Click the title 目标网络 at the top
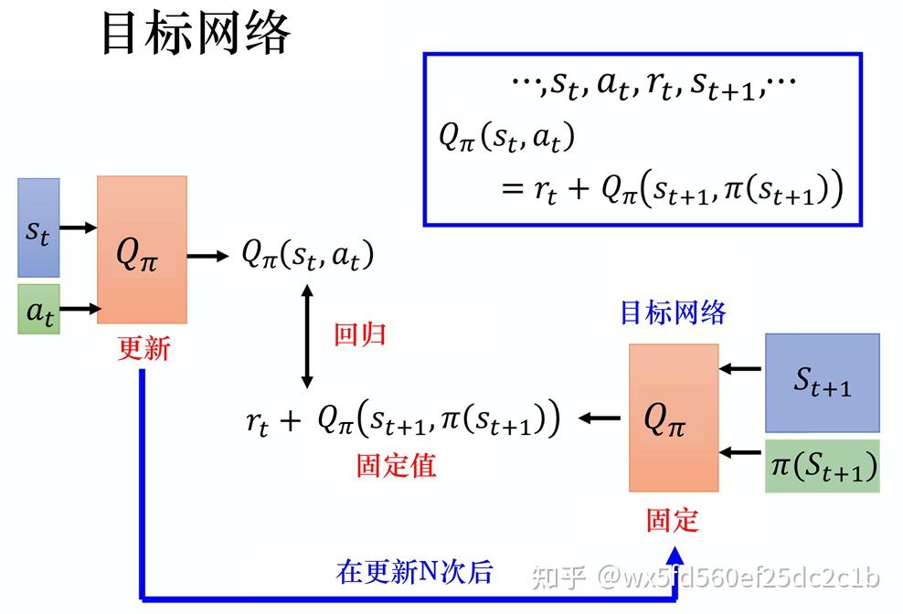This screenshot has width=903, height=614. point(195,35)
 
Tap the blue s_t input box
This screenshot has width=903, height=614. point(38,228)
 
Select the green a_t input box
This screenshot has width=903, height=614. point(38,309)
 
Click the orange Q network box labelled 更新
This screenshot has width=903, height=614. point(142,249)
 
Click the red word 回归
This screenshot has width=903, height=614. point(359,334)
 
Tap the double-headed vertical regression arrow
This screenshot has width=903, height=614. point(307,334)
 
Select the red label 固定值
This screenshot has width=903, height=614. point(396,465)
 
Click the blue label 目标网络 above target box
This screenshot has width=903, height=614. point(673,313)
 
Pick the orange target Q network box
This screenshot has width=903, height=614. point(674,418)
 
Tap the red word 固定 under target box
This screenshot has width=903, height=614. point(673,520)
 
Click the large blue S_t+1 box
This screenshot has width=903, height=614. point(822,382)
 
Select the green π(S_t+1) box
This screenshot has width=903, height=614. point(822,466)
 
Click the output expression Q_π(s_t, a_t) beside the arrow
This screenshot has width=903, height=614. point(307,255)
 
